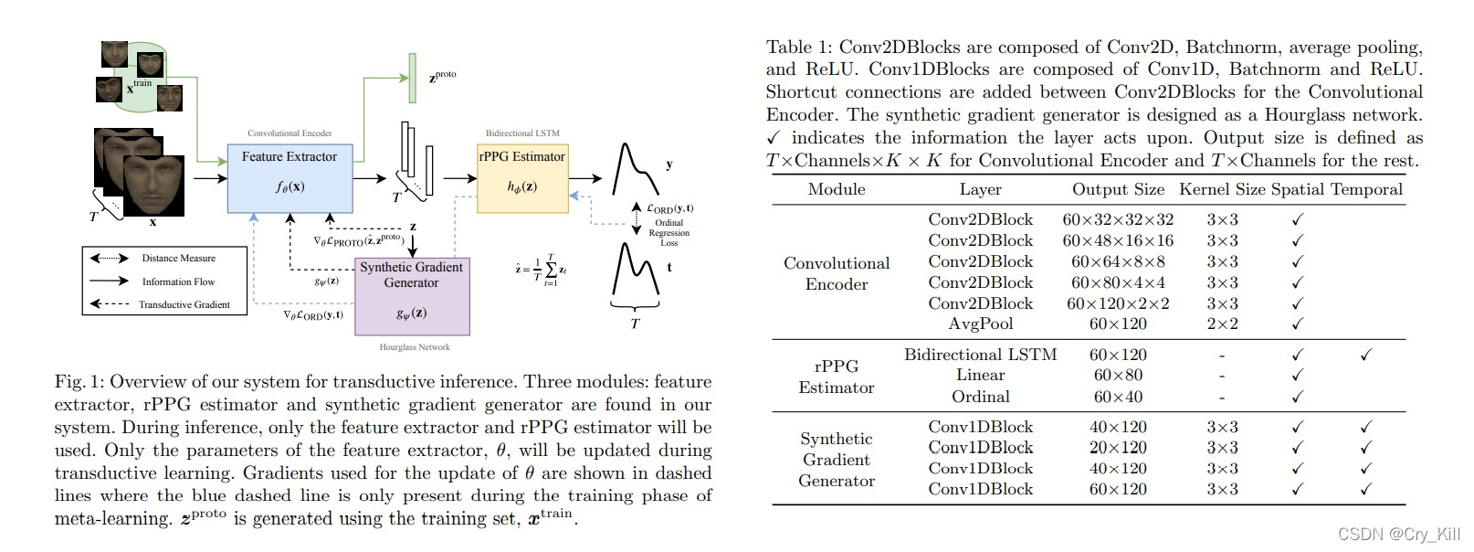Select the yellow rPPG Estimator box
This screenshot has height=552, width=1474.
(x=522, y=177)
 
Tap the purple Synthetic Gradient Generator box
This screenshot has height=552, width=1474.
(x=411, y=296)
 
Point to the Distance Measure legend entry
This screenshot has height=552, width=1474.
(x=178, y=259)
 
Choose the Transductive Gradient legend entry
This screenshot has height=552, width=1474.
(x=184, y=304)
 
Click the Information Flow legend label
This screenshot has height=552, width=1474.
(x=178, y=281)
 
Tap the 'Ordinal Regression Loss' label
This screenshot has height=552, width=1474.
(x=669, y=233)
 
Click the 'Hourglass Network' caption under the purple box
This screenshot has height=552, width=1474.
(x=415, y=347)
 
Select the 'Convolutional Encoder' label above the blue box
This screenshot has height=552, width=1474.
(x=290, y=133)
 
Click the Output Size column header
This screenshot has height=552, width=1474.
(x=1118, y=190)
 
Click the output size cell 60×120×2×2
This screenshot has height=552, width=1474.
(x=1118, y=303)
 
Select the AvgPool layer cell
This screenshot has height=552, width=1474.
(x=980, y=324)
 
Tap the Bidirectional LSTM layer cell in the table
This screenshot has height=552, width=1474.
(x=980, y=355)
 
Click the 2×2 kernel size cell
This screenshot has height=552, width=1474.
(x=1222, y=324)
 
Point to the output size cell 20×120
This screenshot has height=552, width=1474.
(x=1118, y=447)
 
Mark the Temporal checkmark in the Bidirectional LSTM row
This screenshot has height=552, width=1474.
(x=1365, y=355)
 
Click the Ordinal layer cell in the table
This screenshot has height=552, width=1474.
(x=980, y=397)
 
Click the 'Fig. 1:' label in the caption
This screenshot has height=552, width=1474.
(x=79, y=382)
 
